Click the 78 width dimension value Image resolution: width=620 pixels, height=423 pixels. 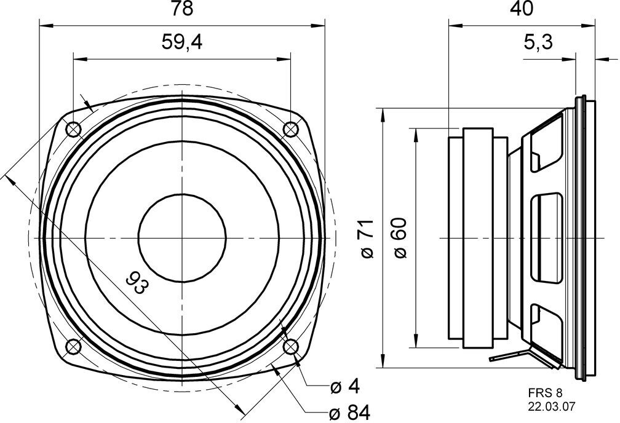tap(182, 9)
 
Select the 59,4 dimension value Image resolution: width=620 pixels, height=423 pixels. tap(182, 42)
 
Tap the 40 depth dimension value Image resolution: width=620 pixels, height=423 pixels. tap(522, 9)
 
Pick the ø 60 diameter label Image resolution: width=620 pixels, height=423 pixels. tap(400, 239)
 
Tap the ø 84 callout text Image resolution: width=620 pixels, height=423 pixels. tap(350, 413)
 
